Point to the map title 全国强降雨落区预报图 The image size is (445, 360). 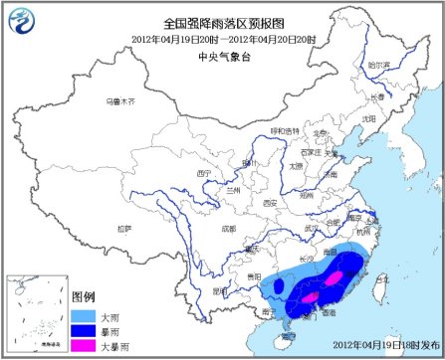223,22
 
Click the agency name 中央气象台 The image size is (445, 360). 222,56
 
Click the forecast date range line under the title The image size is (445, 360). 222,39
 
